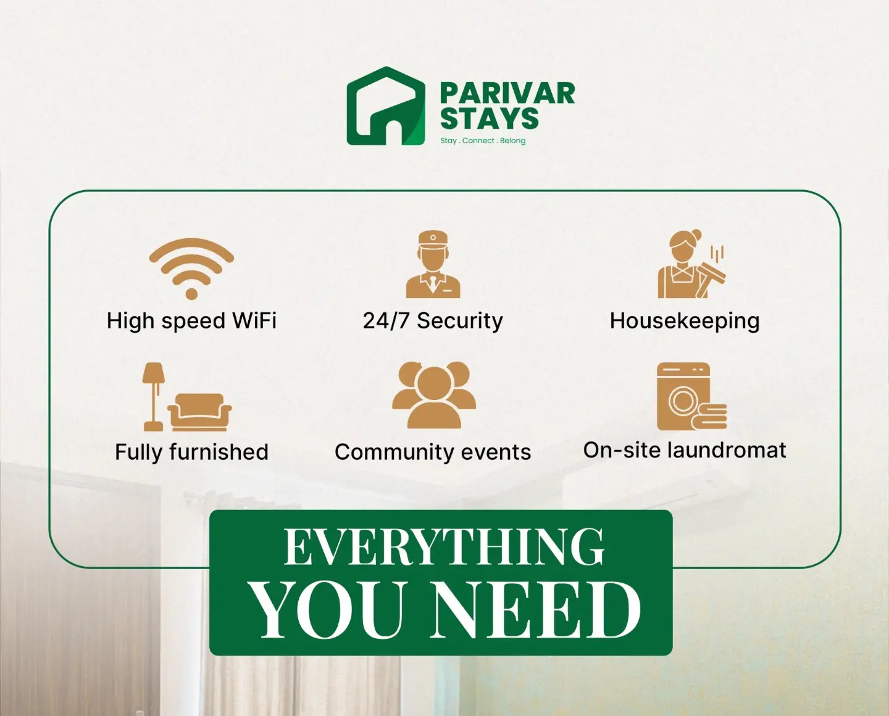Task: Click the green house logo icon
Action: coord(386,106)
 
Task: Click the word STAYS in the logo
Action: coord(490,118)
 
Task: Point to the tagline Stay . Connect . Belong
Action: coord(483,141)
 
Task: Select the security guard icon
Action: coord(433,264)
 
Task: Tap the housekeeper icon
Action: coord(690,264)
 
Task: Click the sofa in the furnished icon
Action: coord(199,412)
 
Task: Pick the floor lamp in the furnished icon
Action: coord(153,397)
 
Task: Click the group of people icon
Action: coord(434,395)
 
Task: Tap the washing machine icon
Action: coord(691,396)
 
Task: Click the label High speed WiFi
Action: coord(191,321)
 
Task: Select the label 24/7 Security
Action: coord(433,320)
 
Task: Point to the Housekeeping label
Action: coord(685,321)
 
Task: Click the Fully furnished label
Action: coord(191,452)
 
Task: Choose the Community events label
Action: coord(433,452)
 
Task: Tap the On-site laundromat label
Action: coord(685,450)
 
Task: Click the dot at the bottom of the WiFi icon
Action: coord(191,294)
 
